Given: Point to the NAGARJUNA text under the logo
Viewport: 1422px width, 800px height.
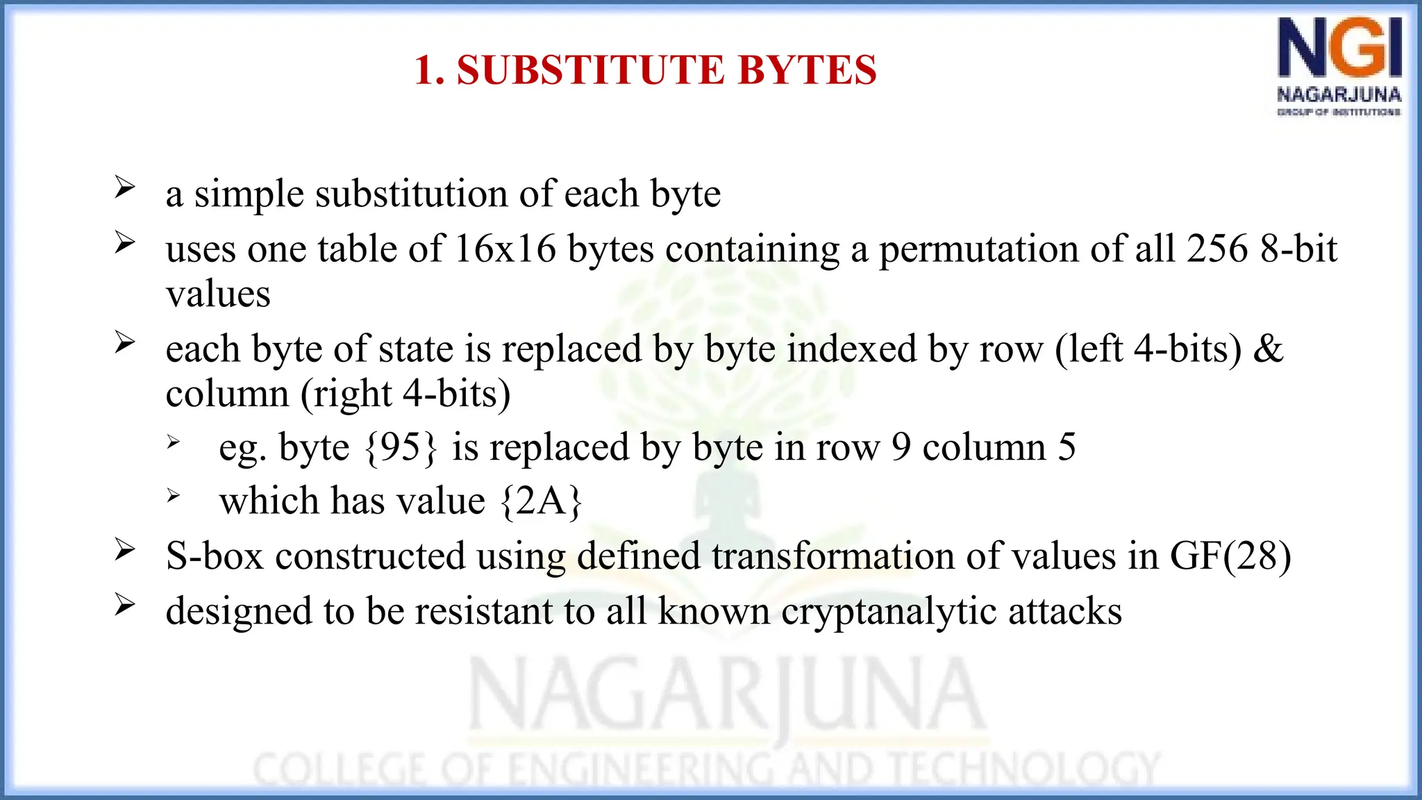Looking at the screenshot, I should click(x=1339, y=94).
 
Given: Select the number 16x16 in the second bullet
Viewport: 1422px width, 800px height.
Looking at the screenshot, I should click(x=505, y=249).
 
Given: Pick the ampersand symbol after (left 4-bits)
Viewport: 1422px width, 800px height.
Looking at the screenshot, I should click(x=1269, y=349).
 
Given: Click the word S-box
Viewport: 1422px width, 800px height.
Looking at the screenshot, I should click(x=215, y=556).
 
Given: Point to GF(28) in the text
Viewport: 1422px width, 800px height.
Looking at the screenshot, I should click(x=1230, y=556).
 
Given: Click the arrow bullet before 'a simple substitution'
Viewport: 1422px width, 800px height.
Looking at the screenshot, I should click(x=125, y=187).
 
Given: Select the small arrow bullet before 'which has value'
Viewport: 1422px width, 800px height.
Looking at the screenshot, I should click(x=174, y=495).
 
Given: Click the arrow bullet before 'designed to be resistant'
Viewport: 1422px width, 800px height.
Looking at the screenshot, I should click(x=125, y=605).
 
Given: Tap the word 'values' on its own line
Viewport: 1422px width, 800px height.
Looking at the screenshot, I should click(x=218, y=294).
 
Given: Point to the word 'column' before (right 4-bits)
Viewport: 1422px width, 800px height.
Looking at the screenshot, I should click(x=227, y=394).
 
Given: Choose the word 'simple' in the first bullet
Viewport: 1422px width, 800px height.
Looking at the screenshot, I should click(x=249, y=194).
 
